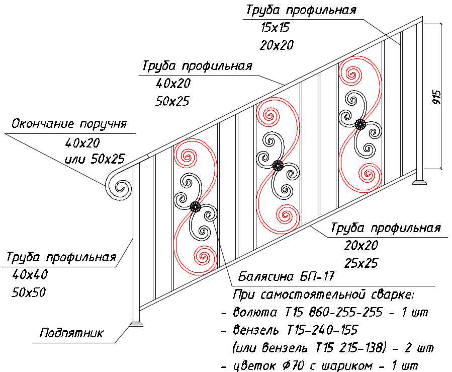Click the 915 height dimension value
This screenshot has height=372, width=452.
437,97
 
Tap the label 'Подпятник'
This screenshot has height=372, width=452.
71,333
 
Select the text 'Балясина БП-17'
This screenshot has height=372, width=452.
286,276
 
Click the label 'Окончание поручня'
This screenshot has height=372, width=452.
69,123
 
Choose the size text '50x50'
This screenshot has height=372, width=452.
29,292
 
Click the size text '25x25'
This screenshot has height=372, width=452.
361,263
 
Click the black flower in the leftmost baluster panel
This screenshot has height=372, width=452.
195,206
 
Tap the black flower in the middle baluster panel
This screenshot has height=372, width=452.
278,166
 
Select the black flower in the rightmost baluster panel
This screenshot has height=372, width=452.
360,124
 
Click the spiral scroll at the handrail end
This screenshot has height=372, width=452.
119,186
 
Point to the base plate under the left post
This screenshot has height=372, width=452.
136,324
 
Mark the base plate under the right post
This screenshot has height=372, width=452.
419,182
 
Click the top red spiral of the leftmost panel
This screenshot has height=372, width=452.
186,157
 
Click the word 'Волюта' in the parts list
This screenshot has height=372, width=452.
255,312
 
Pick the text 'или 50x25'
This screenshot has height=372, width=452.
95,159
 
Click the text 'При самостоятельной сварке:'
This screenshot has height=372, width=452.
324,294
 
